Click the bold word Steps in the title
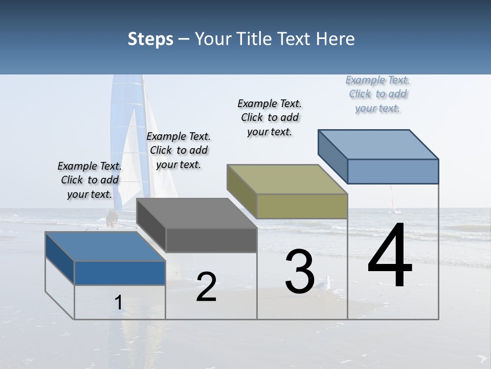point(150,39)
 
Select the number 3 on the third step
point(300,272)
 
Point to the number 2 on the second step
point(206,287)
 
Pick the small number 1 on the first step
point(119,303)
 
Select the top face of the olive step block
point(287,179)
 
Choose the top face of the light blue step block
point(378,144)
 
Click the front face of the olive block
point(302,206)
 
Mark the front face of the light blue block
point(393,171)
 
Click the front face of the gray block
point(211,240)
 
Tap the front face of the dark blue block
point(120,273)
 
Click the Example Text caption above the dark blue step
point(90,180)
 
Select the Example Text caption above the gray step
point(178,150)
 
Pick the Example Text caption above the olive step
point(270,117)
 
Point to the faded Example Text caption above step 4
point(378,94)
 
